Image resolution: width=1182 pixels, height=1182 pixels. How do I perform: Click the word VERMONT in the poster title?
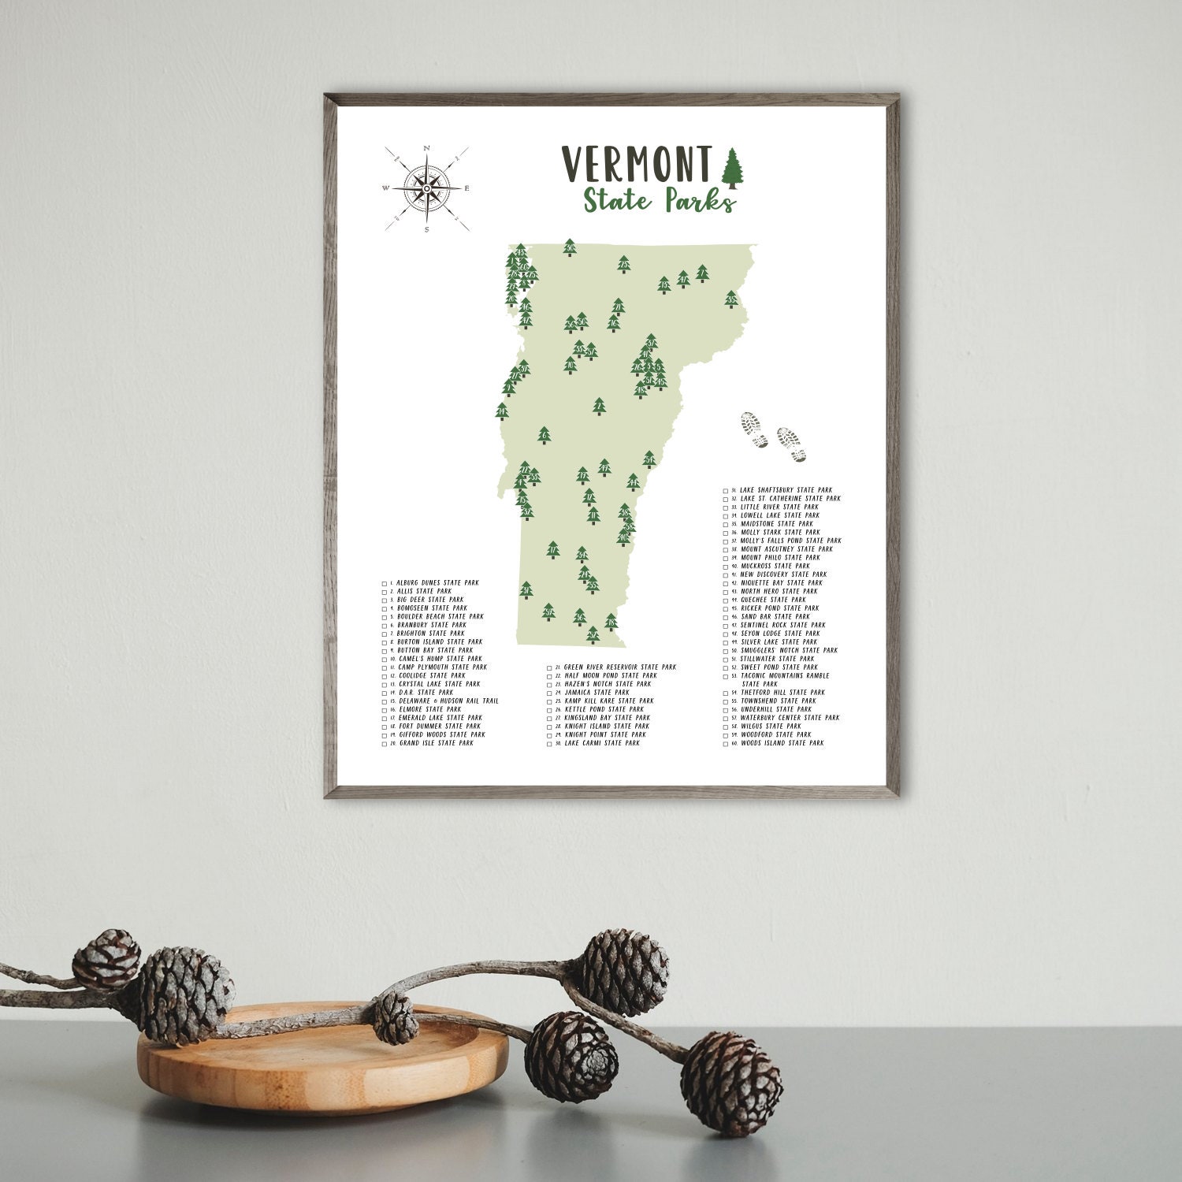coord(637,164)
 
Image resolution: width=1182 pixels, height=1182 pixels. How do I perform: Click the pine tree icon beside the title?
coord(733,168)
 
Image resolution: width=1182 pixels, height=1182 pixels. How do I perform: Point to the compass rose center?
coord(426,188)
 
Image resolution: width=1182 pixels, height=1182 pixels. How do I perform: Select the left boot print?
coord(753,430)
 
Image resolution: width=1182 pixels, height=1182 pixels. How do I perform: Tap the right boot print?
coord(790,444)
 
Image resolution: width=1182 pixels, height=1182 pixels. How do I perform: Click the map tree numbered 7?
coord(702,273)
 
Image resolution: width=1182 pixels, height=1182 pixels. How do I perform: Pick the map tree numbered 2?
coord(600,407)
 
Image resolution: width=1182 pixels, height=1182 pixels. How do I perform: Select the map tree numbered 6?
coord(543,434)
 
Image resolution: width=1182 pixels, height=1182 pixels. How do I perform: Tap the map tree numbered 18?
coord(611,624)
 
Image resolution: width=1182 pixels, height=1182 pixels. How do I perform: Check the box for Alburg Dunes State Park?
coord(385,584)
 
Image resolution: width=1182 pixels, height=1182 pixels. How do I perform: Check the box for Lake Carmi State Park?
coord(549,744)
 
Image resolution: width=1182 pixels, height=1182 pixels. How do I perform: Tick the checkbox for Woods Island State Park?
coord(726,744)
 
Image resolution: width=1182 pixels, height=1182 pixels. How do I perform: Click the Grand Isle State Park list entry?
coord(436,743)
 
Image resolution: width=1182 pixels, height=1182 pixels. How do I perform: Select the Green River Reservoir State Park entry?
coord(619,667)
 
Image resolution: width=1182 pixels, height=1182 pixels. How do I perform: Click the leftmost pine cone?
coord(106,958)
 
